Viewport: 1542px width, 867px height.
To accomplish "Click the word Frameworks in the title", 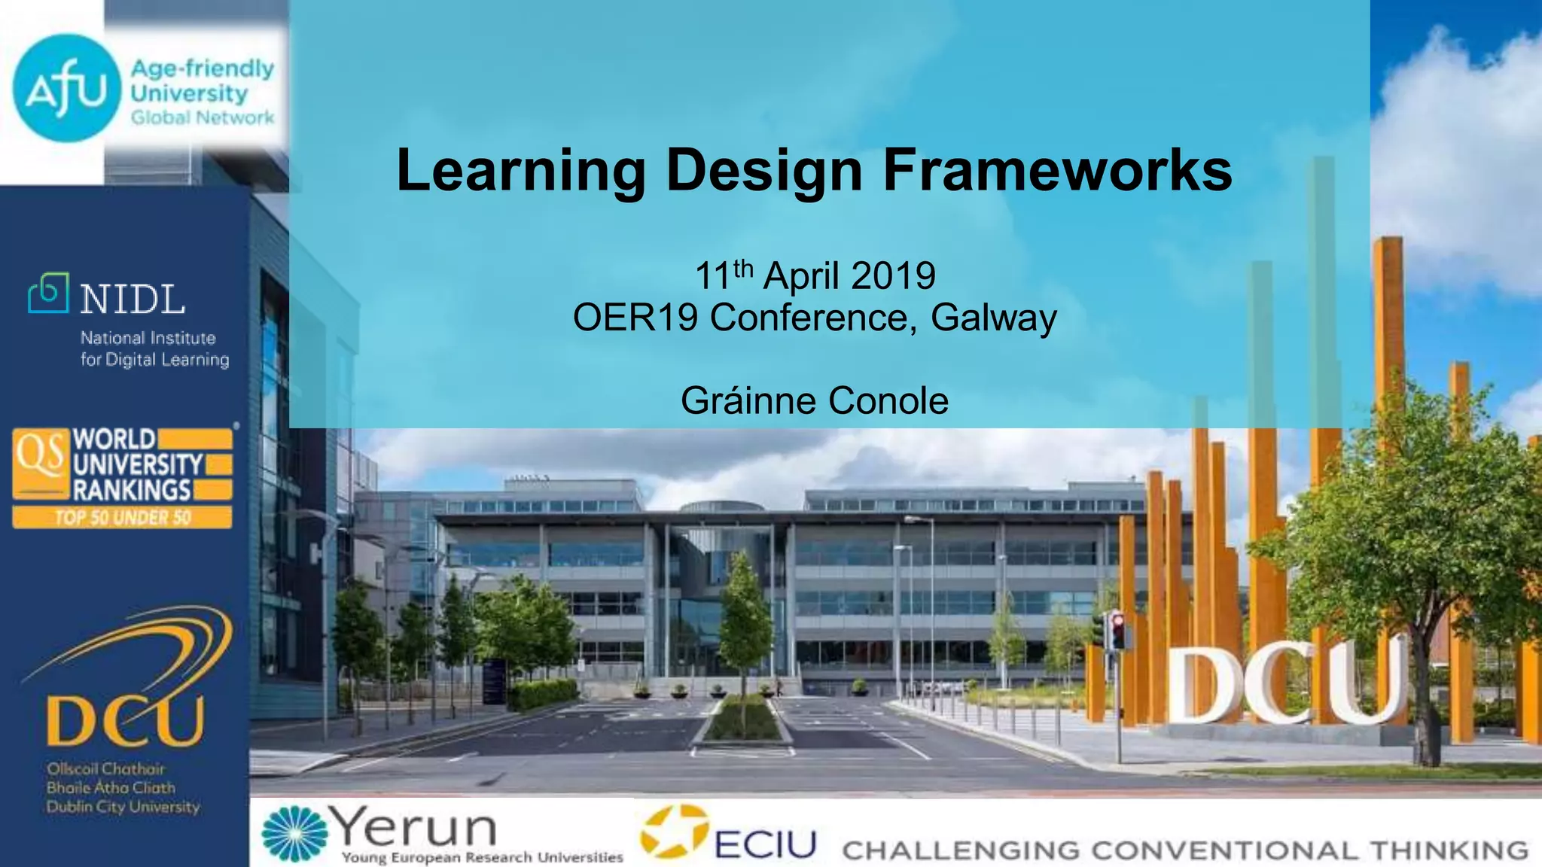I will (1057, 171).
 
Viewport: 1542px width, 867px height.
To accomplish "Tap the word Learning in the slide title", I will (520, 171).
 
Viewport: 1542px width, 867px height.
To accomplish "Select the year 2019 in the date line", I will (894, 275).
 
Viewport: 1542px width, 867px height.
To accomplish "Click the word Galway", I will (994, 318).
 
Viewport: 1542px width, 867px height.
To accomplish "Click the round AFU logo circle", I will (66, 88).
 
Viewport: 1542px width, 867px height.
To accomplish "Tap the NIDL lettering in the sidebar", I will (133, 300).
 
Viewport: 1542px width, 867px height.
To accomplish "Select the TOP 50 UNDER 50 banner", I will (122, 518).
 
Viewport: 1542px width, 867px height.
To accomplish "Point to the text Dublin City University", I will (123, 807).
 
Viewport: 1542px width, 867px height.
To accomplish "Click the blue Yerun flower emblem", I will (294, 833).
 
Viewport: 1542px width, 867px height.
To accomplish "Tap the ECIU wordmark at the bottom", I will (765, 844).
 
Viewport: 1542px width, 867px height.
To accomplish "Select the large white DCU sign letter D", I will (1202, 686).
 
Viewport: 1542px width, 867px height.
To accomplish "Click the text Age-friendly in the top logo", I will (202, 68).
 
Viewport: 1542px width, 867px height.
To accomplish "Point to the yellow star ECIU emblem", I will (675, 832).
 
